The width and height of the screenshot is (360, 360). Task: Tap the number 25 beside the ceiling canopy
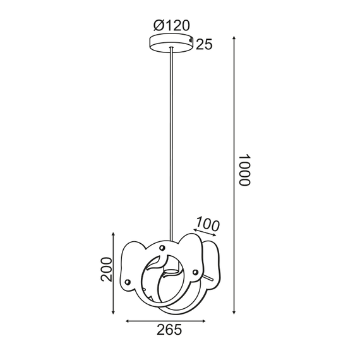[203, 44]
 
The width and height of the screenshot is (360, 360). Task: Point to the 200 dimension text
[107, 270]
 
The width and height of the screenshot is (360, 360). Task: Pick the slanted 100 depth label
[207, 223]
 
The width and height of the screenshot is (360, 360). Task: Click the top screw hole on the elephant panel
[162, 247]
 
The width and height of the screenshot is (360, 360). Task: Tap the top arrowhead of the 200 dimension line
[113, 233]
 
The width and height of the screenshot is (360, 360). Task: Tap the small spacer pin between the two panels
[209, 277]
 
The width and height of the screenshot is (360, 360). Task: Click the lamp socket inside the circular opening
[169, 274]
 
